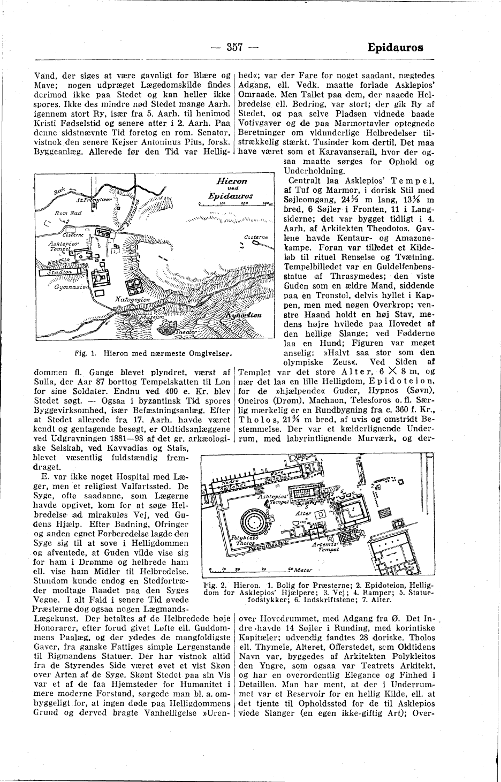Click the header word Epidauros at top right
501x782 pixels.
click(395, 47)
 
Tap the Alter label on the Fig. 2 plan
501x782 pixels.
click(303, 513)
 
